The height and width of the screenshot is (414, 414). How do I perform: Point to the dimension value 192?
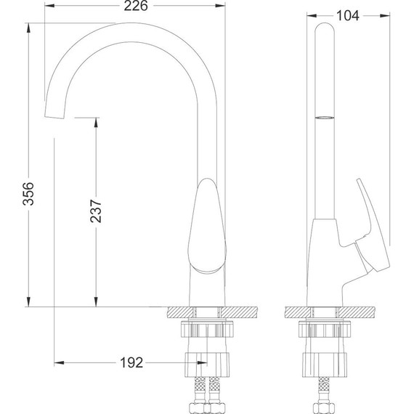(131, 362)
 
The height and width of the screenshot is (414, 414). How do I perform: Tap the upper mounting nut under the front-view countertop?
(208, 330)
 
